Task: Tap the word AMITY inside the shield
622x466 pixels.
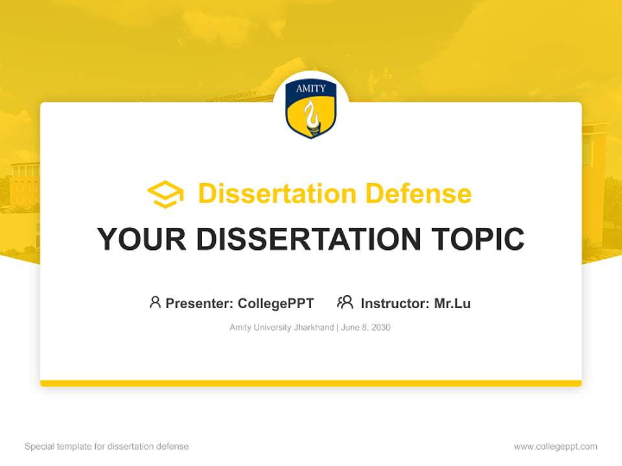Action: (x=311, y=89)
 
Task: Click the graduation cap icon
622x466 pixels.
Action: (x=165, y=194)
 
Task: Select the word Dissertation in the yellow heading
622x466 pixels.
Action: (x=277, y=194)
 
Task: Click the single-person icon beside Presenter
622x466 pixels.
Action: (x=155, y=302)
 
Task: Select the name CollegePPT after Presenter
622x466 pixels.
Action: (x=276, y=304)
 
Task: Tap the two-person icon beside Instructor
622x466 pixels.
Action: (x=345, y=302)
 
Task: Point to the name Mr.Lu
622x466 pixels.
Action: (x=452, y=304)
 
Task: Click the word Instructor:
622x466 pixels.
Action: (x=395, y=304)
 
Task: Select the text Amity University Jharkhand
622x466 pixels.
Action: (x=281, y=327)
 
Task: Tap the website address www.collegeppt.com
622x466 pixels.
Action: (x=555, y=447)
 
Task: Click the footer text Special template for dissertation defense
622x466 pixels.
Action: (x=107, y=447)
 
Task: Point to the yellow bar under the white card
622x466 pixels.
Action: (x=311, y=383)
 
